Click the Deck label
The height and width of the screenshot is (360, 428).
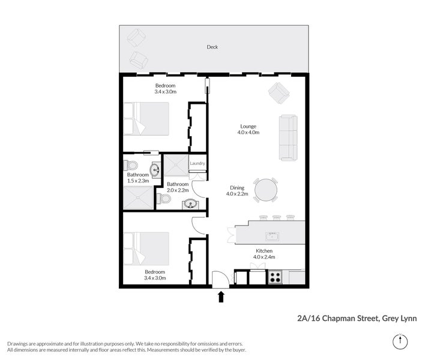(212, 47)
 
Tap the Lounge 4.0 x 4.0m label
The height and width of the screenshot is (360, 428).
(248, 130)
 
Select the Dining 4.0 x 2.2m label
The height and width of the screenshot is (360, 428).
(235, 191)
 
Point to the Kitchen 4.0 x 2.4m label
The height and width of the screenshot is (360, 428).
(264, 254)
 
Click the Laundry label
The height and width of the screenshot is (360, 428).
(197, 163)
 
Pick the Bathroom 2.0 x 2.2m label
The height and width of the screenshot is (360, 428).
(178, 187)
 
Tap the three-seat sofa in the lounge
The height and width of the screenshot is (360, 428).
(287, 137)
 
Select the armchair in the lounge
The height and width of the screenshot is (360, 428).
(278, 92)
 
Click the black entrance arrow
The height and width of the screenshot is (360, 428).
(221, 296)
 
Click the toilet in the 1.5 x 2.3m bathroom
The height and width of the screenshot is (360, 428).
(132, 165)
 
